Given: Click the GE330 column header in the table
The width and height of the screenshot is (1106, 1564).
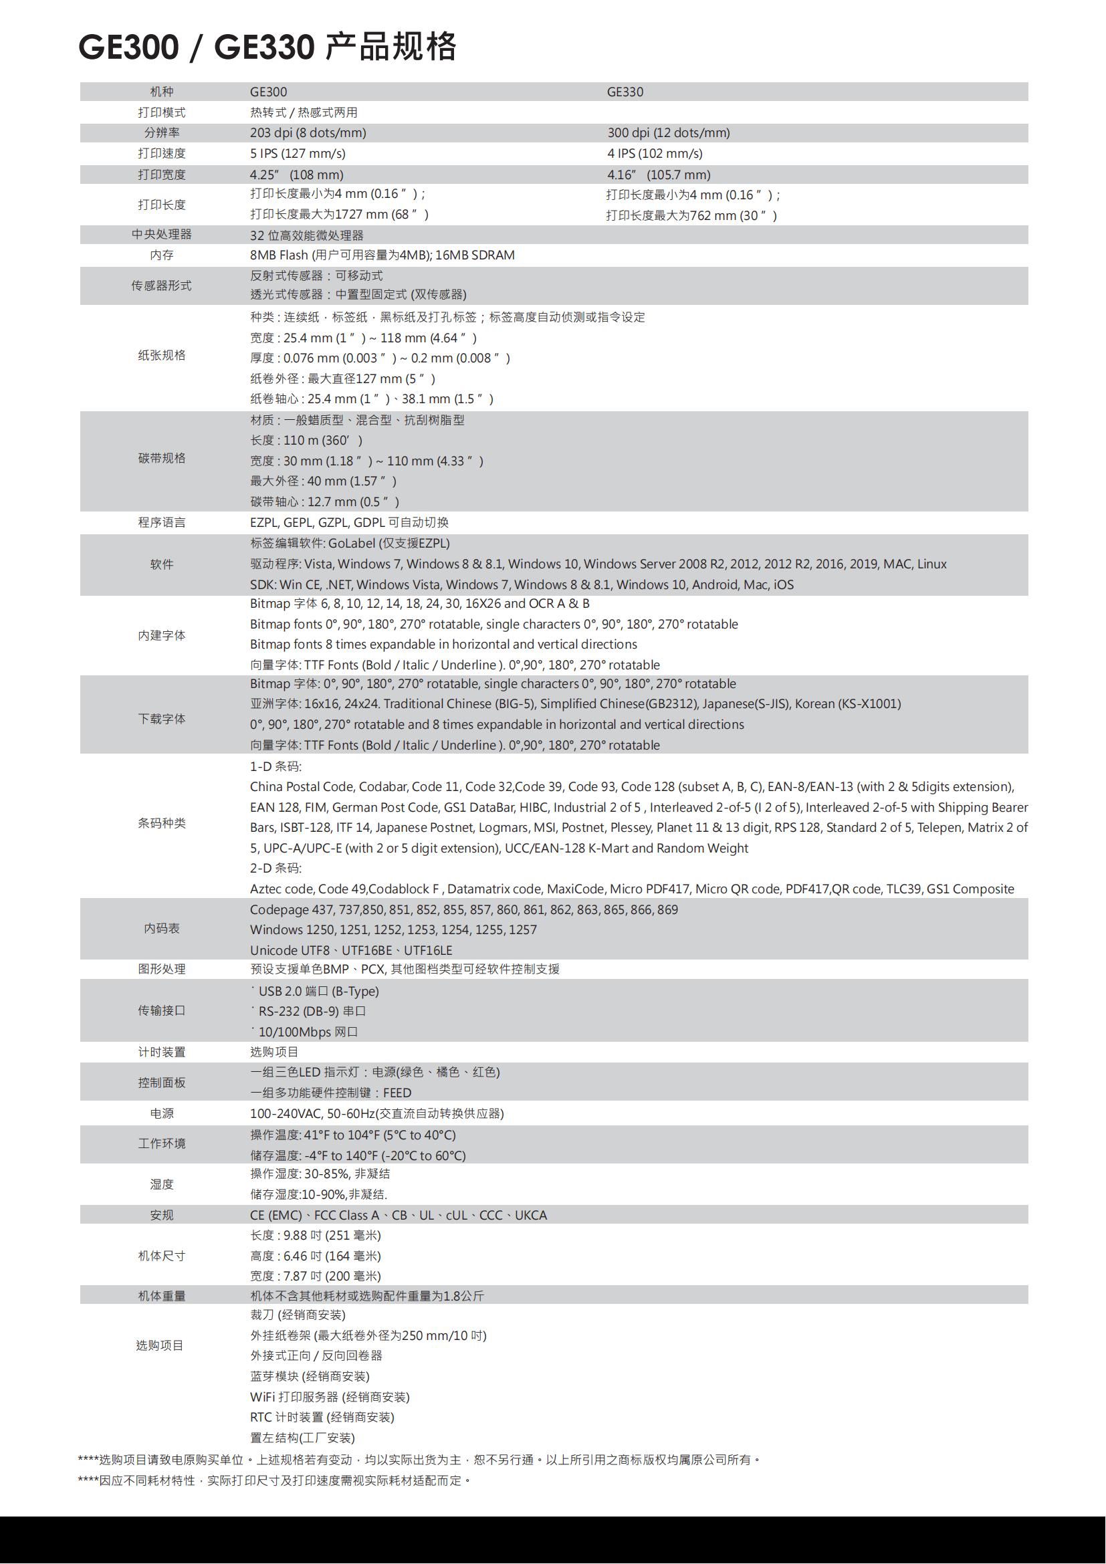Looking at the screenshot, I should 625,92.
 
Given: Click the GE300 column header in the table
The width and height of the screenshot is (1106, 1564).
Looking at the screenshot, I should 268,92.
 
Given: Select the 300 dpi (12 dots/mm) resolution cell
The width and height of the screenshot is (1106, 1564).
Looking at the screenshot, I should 668,133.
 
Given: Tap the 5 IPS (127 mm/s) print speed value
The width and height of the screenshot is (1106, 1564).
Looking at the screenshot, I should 298,154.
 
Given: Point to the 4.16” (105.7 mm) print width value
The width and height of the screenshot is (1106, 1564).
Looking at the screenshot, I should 659,175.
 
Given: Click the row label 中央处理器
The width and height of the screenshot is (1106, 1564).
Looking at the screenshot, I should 161,234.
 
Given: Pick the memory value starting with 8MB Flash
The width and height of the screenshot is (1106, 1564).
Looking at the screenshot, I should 382,255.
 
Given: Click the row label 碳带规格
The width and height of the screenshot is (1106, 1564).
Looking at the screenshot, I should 161,459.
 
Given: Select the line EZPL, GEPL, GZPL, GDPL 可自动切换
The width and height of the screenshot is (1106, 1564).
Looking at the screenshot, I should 348,522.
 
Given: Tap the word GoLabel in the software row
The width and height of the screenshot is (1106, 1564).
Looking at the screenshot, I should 352,544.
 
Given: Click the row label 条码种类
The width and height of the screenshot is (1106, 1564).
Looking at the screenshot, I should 161,824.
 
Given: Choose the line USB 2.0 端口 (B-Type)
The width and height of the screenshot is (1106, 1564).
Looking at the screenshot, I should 318,991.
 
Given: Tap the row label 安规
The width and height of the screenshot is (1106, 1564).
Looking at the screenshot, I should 161,1215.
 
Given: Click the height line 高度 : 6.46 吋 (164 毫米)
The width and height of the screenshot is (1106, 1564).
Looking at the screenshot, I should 316,1256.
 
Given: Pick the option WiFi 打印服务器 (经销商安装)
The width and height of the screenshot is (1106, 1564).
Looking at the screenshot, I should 330,1397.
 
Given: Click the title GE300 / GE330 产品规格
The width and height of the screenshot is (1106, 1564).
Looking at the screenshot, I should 267,47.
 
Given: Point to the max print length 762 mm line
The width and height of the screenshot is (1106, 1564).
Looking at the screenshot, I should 691,216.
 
